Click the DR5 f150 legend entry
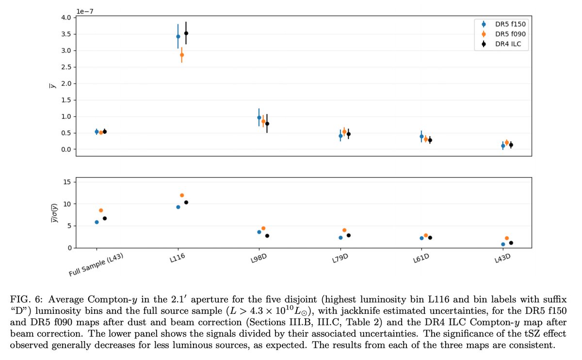point(503,24)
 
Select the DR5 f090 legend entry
point(503,33)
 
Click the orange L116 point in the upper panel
point(182,55)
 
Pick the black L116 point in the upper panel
point(186,33)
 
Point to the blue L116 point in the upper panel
point(178,36)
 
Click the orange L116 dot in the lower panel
point(182,195)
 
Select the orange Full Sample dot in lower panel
point(101,210)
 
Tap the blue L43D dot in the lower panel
point(503,244)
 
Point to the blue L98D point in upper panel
point(259,117)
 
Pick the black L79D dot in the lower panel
point(348,235)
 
